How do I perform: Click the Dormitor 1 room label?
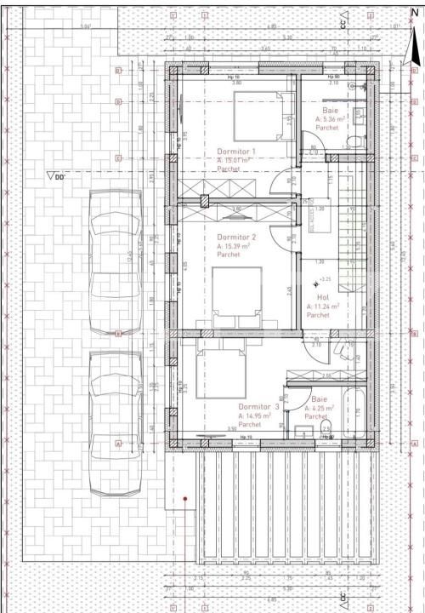click(235, 151)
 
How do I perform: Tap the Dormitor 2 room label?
click(235, 237)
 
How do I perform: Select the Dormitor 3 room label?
click(258, 407)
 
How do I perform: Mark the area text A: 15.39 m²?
click(233, 246)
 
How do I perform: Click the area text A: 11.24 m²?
click(322, 306)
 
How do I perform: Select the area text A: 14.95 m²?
click(254, 415)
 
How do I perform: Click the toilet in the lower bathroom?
click(326, 434)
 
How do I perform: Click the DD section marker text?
click(59, 177)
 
